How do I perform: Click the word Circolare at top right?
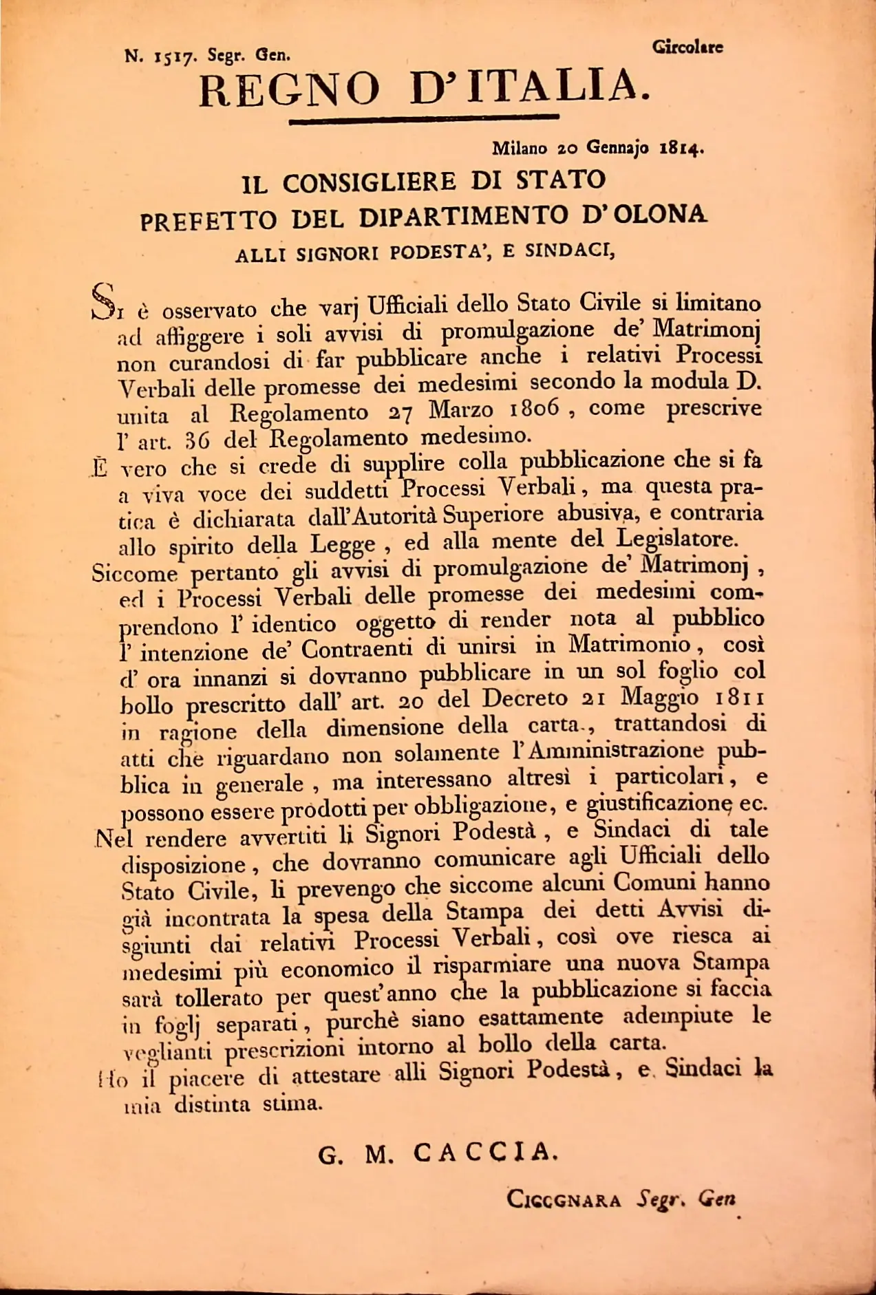pyautogui.click(x=687, y=47)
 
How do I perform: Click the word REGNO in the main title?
pyautogui.click(x=289, y=89)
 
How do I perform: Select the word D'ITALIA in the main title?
pyautogui.click(x=530, y=87)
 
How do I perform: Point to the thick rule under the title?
pyautogui.click(x=424, y=121)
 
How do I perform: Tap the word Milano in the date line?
pyautogui.click(x=520, y=148)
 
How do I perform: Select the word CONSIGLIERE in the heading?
pyautogui.click(x=369, y=182)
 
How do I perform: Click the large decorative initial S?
pyautogui.click(x=103, y=301)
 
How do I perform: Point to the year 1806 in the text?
pyautogui.click(x=534, y=409)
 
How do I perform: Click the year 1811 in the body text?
pyautogui.click(x=740, y=698)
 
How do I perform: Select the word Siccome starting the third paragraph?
pyautogui.click(x=135, y=573)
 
